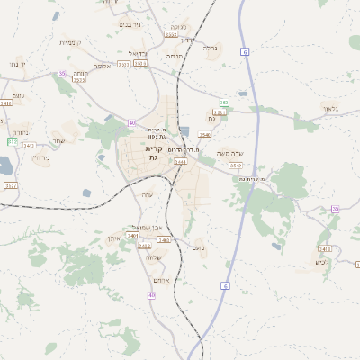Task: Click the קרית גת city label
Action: point(153,153)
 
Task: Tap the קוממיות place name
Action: point(71,42)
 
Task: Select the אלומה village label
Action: point(102,66)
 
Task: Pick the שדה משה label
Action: point(229,153)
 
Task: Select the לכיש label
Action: point(323,262)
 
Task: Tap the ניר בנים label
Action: point(131,24)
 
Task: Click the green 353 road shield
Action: point(224,103)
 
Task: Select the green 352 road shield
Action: point(12,141)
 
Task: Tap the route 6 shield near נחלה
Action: point(245,53)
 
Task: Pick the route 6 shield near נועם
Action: point(224,285)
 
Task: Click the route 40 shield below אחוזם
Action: point(152,295)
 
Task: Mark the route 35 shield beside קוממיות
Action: point(61,73)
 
